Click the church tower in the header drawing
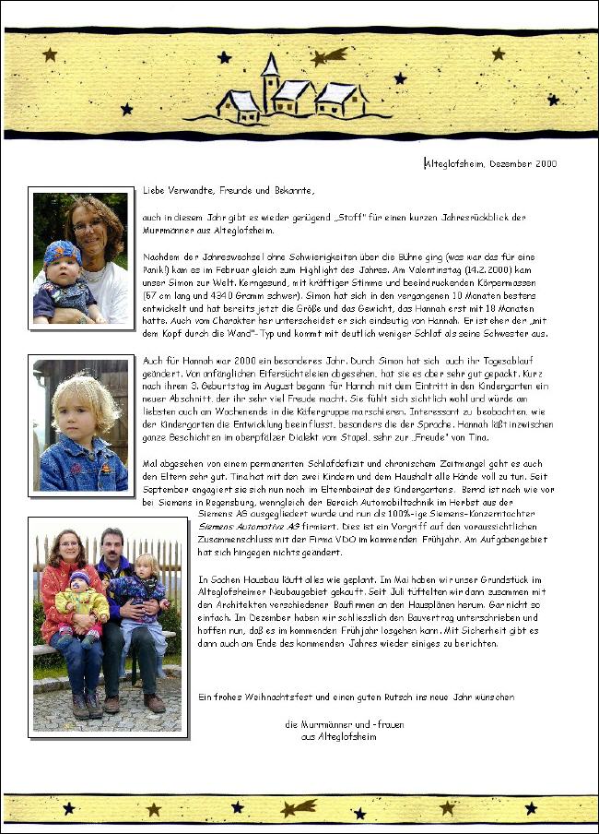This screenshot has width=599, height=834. [x=270, y=81]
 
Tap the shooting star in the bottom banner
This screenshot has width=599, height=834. [x=299, y=809]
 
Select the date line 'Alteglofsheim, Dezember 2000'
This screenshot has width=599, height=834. [x=490, y=163]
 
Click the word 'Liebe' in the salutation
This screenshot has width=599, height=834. [x=153, y=191]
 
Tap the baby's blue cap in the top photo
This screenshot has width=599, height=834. [x=61, y=253]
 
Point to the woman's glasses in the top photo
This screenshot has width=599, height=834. [x=88, y=225]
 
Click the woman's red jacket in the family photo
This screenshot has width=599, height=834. [x=57, y=600]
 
